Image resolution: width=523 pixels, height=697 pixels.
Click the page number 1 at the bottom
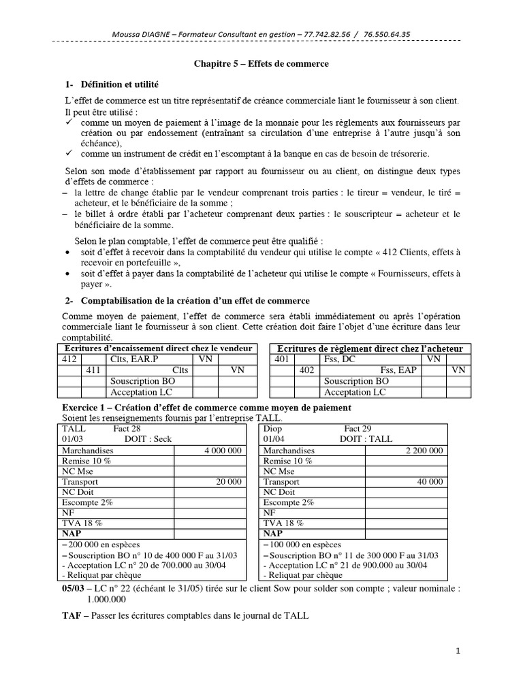458,651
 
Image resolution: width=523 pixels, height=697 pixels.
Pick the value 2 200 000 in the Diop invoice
424,451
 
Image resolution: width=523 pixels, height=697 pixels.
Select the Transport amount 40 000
430,481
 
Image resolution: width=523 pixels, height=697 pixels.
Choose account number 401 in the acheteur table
282,358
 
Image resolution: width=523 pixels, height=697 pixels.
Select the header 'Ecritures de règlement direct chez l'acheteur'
369,348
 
